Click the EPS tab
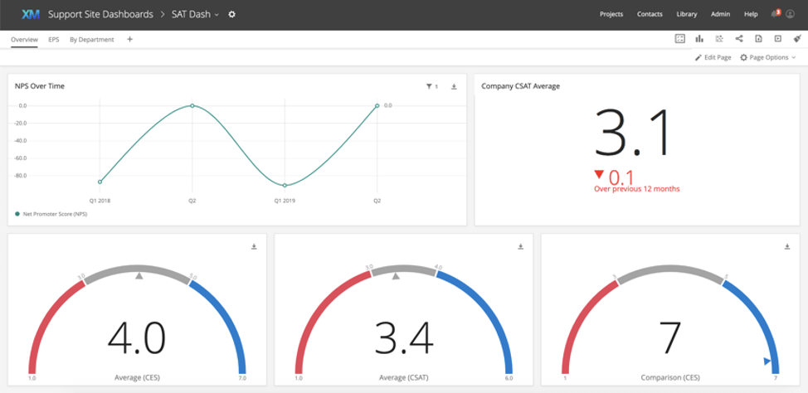click(54, 39)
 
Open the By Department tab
click(91, 39)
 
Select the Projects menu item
click(611, 14)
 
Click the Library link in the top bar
click(687, 14)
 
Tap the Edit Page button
click(713, 57)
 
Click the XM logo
click(31, 14)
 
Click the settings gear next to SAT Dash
click(232, 14)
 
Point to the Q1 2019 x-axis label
click(285, 201)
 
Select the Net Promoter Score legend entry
click(56, 214)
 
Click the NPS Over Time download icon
click(454, 86)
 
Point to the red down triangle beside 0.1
click(600, 174)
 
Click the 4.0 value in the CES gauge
click(137, 338)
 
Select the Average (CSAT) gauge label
click(404, 378)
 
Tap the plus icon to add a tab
click(129, 39)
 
